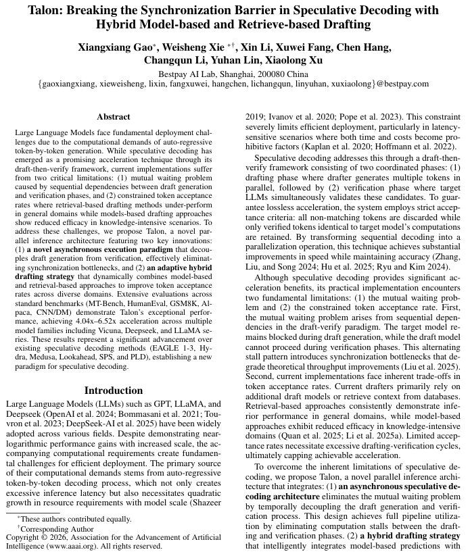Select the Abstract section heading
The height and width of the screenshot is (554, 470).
point(114,117)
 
